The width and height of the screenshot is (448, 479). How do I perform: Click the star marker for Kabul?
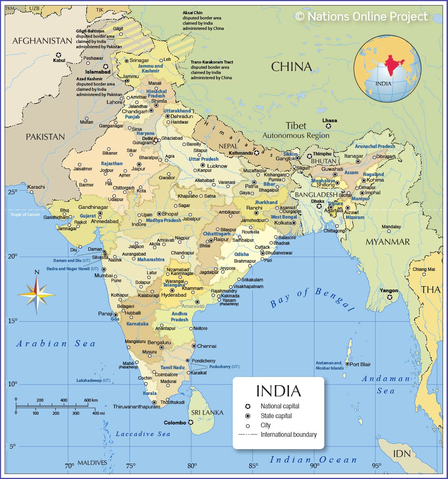59,55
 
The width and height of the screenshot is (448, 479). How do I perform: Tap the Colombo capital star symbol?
191,422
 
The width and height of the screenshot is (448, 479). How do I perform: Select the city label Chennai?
206,346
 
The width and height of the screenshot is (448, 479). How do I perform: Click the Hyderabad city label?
174,295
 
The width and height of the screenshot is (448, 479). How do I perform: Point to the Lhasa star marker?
329,126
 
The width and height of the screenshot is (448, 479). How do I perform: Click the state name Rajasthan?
112,163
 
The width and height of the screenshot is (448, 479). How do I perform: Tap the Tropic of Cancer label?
25,214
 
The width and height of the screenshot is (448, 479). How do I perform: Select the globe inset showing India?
387,68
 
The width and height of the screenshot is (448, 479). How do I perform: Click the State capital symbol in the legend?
248,416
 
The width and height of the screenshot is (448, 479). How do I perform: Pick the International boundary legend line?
248,435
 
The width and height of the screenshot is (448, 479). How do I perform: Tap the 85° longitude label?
253,466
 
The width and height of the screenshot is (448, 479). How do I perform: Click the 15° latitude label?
12,321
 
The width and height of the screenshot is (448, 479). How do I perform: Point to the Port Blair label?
360,364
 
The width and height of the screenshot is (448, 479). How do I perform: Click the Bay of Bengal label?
312,299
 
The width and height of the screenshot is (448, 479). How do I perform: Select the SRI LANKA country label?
207,412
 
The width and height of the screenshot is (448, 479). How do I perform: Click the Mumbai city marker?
104,269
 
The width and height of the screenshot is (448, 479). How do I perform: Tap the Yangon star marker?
389,297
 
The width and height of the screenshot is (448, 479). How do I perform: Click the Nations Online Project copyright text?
361,16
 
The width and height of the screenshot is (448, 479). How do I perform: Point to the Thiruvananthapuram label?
136,407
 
